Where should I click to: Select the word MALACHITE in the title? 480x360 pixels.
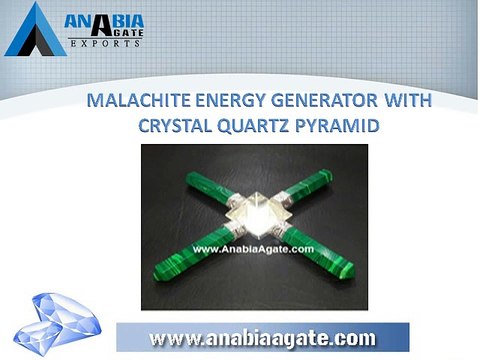pos(137,102)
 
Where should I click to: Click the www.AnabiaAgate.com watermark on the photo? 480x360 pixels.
pos(251,247)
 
